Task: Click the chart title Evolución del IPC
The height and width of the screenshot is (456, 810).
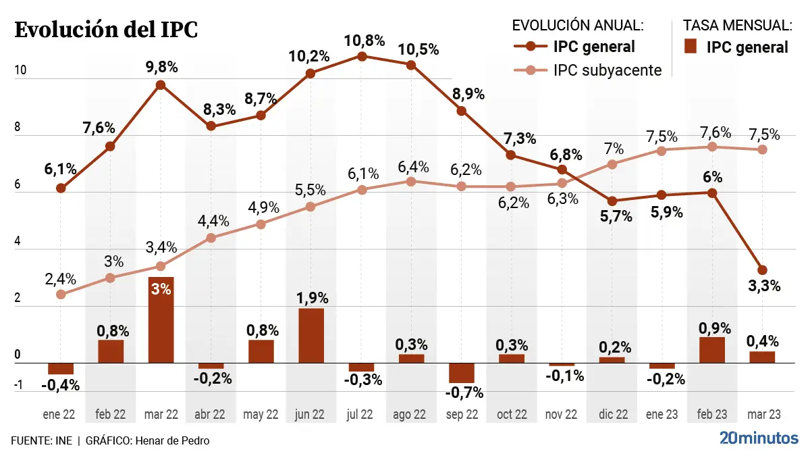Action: pos(106,30)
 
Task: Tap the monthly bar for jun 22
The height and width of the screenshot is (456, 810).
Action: pos(311,336)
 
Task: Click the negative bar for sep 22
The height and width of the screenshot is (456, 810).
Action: pos(462,373)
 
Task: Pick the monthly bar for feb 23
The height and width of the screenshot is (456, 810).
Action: pos(712,350)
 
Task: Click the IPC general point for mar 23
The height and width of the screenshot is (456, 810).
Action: pos(762,270)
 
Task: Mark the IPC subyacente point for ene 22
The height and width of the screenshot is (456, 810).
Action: pos(61,295)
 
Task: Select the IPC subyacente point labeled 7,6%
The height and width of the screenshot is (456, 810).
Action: pos(712,147)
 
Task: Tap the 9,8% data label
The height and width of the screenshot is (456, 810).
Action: pos(161,67)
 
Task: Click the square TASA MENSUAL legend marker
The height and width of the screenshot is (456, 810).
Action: pos(690,47)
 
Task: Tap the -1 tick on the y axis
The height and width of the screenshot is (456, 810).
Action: pos(18,386)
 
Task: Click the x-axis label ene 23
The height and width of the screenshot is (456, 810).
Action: pos(661,414)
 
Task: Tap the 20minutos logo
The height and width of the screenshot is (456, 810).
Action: pos(758,437)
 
